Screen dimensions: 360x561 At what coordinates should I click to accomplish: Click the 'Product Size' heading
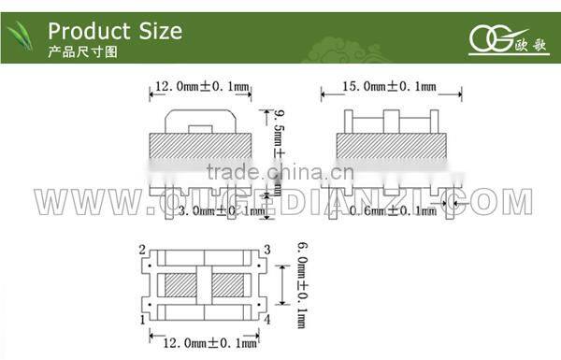coord(114,30)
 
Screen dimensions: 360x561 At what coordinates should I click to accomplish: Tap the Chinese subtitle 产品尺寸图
coord(83,52)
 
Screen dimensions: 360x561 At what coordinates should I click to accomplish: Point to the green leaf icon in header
coord(22,38)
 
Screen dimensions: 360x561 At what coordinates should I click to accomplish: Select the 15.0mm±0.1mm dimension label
coord(390,86)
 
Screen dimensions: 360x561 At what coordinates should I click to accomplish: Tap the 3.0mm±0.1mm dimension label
coord(221,211)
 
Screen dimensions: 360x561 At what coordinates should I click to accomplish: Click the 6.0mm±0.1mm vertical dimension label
coord(301,282)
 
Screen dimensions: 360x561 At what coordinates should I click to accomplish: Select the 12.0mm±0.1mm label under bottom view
coord(207,344)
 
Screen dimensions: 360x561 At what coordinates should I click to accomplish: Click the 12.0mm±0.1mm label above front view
coord(201,86)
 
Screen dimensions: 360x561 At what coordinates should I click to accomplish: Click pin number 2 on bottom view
coord(141,251)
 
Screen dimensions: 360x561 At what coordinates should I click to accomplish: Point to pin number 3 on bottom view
coord(267,250)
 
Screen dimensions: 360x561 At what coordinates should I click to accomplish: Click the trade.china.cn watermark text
coord(280,172)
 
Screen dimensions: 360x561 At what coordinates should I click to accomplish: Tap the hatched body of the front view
coord(201,147)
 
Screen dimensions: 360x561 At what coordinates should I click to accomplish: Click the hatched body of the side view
coord(390,147)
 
